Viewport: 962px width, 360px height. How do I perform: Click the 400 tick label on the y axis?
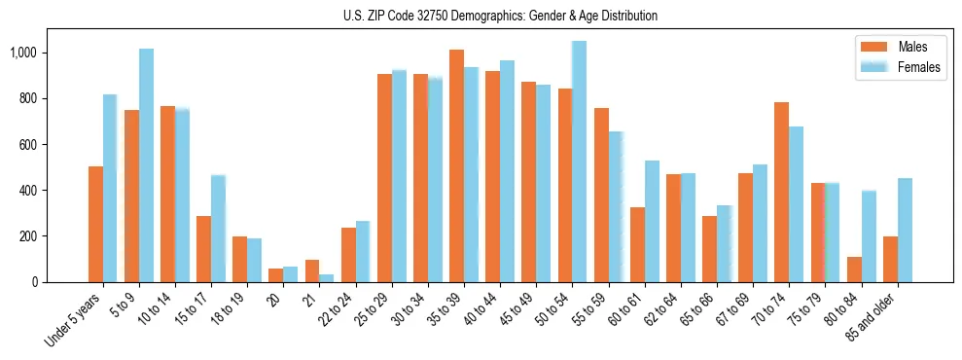pos(29,191)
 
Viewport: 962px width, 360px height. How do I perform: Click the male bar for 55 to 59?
pos(601,196)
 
